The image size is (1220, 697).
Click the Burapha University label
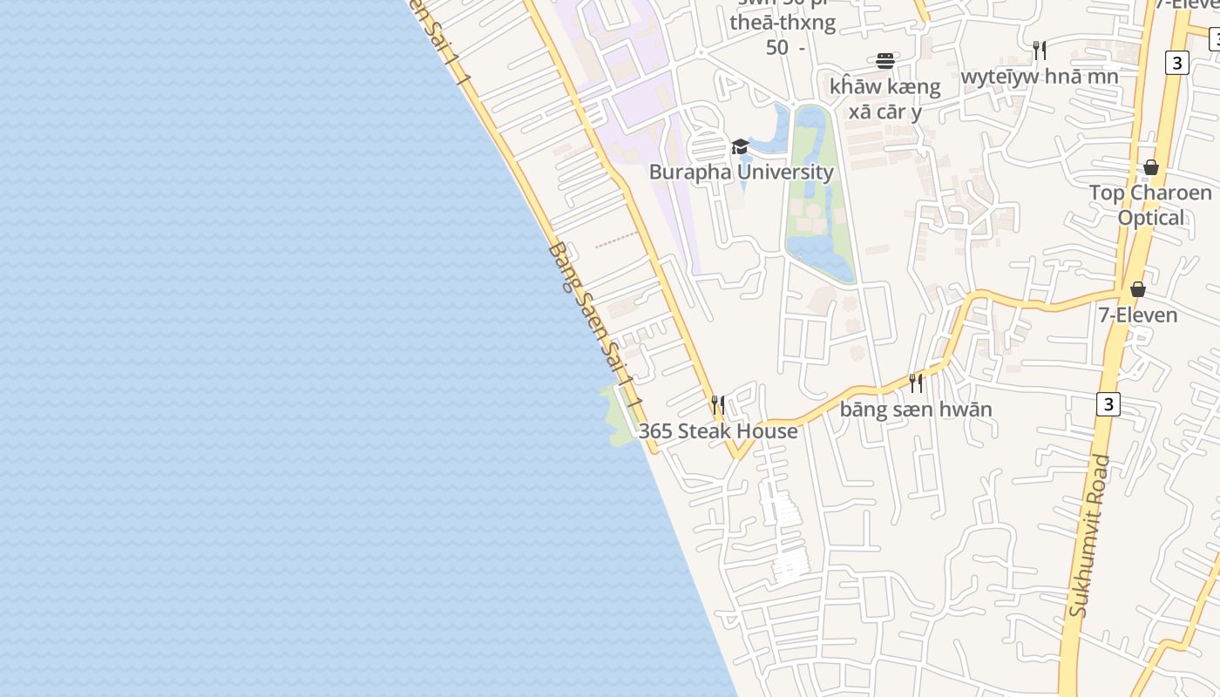pyautogui.click(x=741, y=172)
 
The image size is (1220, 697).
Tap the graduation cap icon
pyautogui.click(x=740, y=146)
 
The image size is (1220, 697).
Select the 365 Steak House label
pyautogui.click(x=718, y=431)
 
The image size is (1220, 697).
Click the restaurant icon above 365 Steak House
pyautogui.click(x=717, y=404)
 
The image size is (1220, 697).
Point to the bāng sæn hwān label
pyautogui.click(x=916, y=409)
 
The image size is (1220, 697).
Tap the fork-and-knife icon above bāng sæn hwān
pyautogui.click(x=915, y=382)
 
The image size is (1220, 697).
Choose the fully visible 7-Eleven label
pyautogui.click(x=1137, y=315)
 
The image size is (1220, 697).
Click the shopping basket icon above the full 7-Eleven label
pyautogui.click(x=1137, y=289)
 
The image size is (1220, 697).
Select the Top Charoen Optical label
pyautogui.click(x=1150, y=205)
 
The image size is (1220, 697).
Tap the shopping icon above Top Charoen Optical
pyautogui.click(x=1150, y=167)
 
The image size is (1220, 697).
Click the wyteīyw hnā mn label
pyautogui.click(x=1039, y=77)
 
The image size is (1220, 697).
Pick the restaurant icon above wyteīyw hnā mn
pyautogui.click(x=1039, y=50)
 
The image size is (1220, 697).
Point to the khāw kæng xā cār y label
pyautogui.click(x=885, y=98)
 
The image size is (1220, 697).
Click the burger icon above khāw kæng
pyautogui.click(x=885, y=60)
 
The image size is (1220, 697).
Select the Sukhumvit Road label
pyautogui.click(x=1090, y=535)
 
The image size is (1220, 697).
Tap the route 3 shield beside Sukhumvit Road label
pyautogui.click(x=1108, y=404)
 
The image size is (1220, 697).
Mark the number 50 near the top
pyautogui.click(x=777, y=48)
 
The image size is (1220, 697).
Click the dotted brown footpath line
pyautogui.click(x=616, y=240)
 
